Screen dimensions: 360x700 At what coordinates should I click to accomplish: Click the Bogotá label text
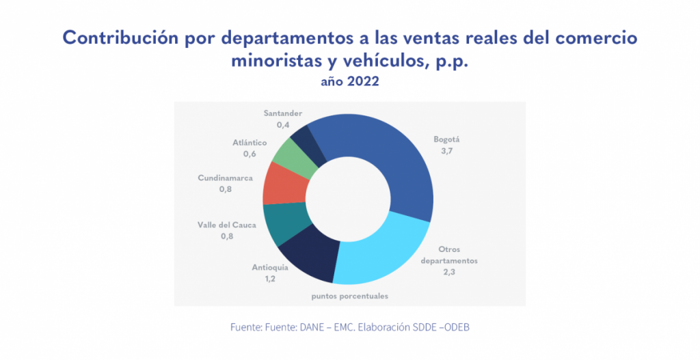coord(447,139)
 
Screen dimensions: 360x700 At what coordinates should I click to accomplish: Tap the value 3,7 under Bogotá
coord(447,151)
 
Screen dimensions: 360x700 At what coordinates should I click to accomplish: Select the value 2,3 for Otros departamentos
coord(448,273)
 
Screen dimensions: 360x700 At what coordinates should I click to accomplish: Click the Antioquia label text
coord(269,267)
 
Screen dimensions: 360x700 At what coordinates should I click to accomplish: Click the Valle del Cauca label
coord(227,224)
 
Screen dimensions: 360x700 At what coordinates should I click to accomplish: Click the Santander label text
coord(282,113)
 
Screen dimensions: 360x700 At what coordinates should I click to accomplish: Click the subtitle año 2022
coord(349,82)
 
